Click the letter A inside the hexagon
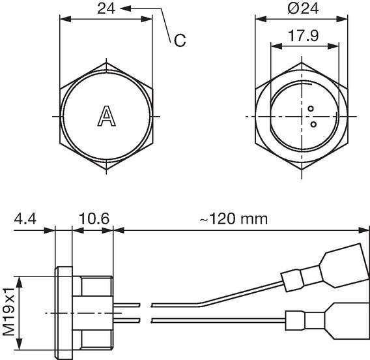(107, 116)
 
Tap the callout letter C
(180, 40)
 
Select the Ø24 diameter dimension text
(303, 8)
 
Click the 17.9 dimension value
(303, 35)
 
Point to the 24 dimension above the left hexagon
(106, 8)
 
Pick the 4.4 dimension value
(25, 218)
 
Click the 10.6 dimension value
(94, 218)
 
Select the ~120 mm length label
(234, 218)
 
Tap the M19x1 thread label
(9, 312)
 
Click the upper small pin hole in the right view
(311, 109)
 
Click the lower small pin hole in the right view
(313, 125)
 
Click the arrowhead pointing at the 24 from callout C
(126, 8)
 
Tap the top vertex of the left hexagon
(106, 63)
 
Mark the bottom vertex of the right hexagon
(302, 170)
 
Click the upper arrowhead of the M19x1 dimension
(20, 282)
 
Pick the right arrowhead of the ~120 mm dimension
(363, 230)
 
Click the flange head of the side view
(64, 313)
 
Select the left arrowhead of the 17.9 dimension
(277, 46)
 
